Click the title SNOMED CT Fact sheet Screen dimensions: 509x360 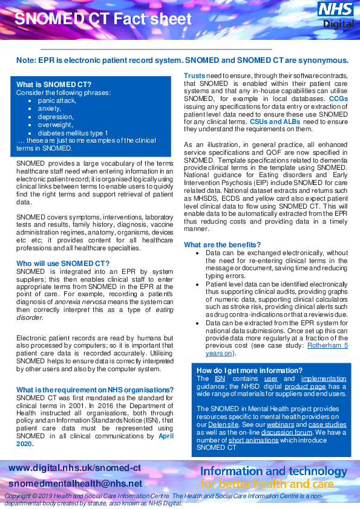(x=103, y=19)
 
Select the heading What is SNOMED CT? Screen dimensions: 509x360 (x=54, y=84)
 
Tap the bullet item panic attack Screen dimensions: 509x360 (x=57, y=100)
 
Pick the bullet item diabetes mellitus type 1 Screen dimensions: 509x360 (x=73, y=133)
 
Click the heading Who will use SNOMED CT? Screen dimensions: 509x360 (x=63, y=264)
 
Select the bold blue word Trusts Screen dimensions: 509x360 (x=194, y=75)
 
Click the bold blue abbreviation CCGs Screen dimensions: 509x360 (x=338, y=98)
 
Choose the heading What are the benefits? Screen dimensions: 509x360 (x=222, y=244)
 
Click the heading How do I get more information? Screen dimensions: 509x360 (x=249, y=370)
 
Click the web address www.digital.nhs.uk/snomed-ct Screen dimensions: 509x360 (x=75, y=468)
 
